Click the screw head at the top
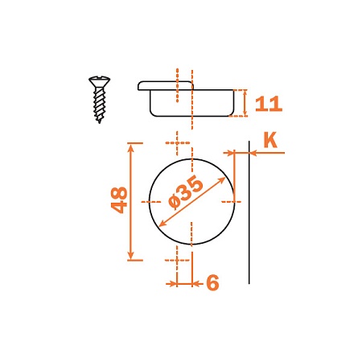tap(99, 80)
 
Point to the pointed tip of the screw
tap(100, 122)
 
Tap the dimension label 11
tap(269, 104)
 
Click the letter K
tap(270, 140)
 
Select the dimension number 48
tap(119, 200)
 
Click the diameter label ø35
tap(185, 191)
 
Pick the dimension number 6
tap(212, 282)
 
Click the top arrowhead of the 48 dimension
tap(130, 147)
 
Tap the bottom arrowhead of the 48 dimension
tap(130, 256)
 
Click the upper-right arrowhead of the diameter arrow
tap(221, 180)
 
